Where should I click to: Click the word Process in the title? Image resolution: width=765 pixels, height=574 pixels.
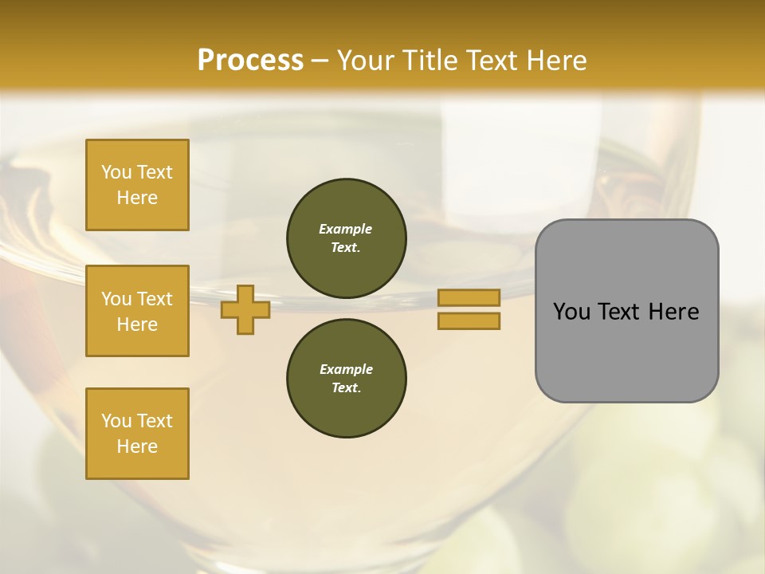(x=250, y=61)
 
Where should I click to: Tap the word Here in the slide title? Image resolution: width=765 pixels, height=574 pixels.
(x=555, y=61)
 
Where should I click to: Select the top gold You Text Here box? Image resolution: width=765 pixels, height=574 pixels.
(x=137, y=185)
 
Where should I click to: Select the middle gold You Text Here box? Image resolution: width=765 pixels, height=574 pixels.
(x=137, y=311)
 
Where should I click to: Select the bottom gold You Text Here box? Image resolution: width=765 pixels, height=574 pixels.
(x=137, y=434)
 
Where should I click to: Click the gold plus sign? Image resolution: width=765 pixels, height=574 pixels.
(x=245, y=309)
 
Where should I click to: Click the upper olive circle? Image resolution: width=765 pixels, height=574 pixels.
(x=346, y=238)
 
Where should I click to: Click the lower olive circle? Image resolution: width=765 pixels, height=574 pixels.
(x=346, y=379)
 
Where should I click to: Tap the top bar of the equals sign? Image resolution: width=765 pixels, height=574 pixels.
(x=469, y=297)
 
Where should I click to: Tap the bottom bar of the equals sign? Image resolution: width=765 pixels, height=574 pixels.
(x=469, y=321)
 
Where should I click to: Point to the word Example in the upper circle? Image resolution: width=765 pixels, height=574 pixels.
(x=345, y=229)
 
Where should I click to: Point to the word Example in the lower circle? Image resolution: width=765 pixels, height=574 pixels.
(x=345, y=369)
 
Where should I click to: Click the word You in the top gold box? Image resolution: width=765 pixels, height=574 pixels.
(x=116, y=172)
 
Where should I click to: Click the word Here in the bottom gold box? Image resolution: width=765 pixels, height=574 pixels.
(x=137, y=446)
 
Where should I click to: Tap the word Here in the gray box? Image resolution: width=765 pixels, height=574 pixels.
(x=674, y=312)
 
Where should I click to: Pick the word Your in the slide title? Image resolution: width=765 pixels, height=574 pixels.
(x=366, y=61)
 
